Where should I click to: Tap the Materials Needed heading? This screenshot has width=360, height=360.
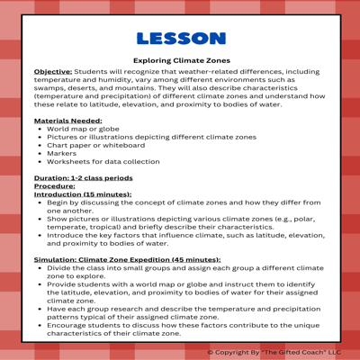(x=67, y=120)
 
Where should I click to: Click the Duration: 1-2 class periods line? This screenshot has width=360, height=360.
(x=83, y=178)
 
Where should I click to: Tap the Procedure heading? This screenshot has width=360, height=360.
(x=54, y=186)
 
